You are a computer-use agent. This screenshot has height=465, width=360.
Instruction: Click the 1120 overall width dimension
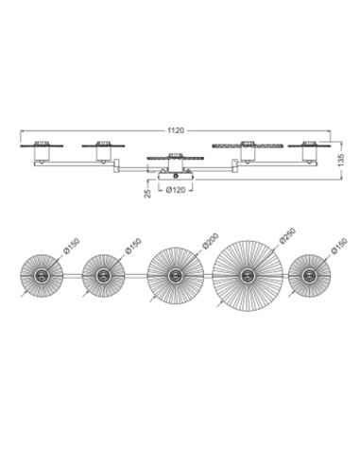[x=176, y=130]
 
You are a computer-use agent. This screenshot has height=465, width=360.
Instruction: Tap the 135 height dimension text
[x=343, y=161]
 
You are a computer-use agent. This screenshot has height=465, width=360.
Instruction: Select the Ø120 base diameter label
[x=176, y=190]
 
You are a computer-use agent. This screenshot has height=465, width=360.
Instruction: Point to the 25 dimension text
[x=147, y=194]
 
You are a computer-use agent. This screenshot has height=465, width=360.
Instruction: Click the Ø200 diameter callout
[x=210, y=241]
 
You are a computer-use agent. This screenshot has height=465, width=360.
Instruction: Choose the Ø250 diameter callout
[x=287, y=235]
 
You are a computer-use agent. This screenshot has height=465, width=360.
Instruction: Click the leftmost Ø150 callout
[x=71, y=246]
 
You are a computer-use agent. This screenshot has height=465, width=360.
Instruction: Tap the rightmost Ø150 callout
[x=339, y=246]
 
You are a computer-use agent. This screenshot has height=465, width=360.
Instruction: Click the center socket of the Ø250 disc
[x=247, y=276]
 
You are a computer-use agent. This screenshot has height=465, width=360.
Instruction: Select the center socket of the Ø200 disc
[x=174, y=276]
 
